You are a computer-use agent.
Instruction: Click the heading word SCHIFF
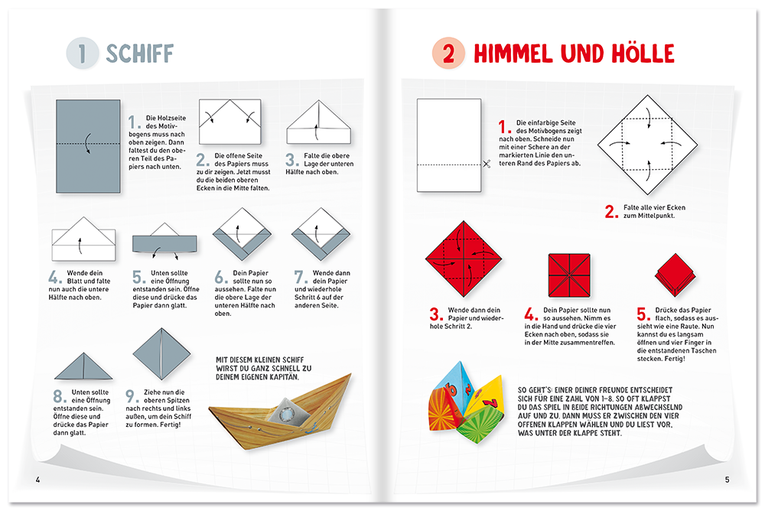click(x=139, y=53)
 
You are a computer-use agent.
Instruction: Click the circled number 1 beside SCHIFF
click(x=82, y=53)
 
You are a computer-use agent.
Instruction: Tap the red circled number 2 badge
click(x=449, y=53)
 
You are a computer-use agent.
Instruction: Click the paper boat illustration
click(x=278, y=418)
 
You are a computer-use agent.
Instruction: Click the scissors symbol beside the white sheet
click(x=487, y=163)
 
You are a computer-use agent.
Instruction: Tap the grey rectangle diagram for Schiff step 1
click(x=88, y=146)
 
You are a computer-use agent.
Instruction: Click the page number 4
click(x=37, y=480)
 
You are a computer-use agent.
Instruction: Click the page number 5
click(x=728, y=480)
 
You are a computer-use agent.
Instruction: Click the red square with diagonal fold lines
click(x=569, y=276)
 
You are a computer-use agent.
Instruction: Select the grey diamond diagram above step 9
click(x=161, y=353)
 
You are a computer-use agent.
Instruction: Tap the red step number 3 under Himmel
click(x=436, y=313)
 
